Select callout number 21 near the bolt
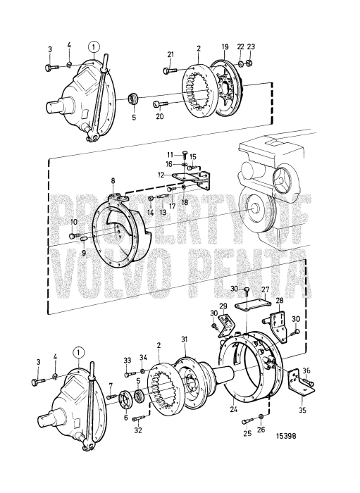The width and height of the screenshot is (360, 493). point(170,55)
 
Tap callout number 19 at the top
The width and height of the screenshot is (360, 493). point(225,47)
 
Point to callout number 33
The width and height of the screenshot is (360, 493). point(127,361)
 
